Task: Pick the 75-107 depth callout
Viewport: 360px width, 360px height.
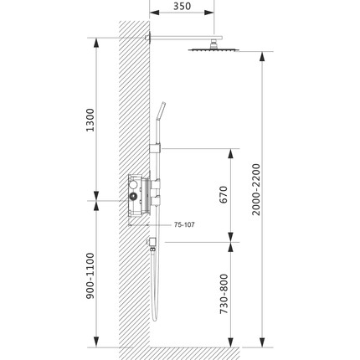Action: click(184, 224)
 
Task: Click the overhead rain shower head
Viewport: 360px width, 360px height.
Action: click(217, 49)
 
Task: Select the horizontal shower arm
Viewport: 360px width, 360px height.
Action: click(180, 35)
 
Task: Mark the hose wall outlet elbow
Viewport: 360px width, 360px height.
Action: click(152, 244)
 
